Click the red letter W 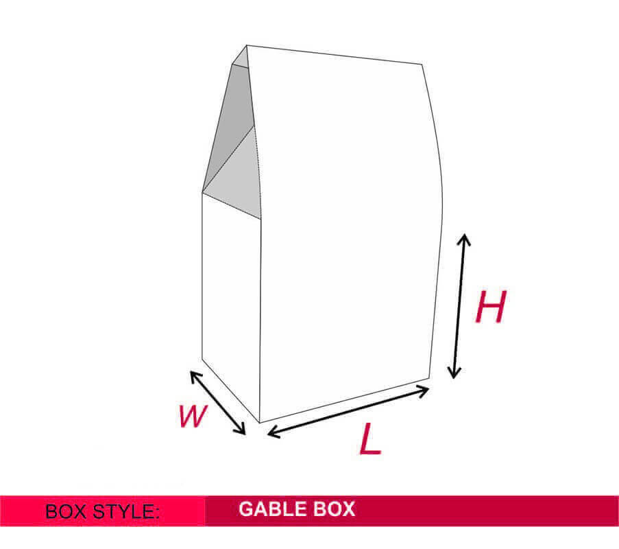[193, 416]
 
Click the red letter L [370, 438]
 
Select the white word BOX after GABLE [335, 509]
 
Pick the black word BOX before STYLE [66, 511]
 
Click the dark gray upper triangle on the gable [230, 119]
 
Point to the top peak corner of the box [247, 45]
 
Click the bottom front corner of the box [259, 423]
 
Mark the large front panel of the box [348, 237]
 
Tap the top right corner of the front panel [422, 64]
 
